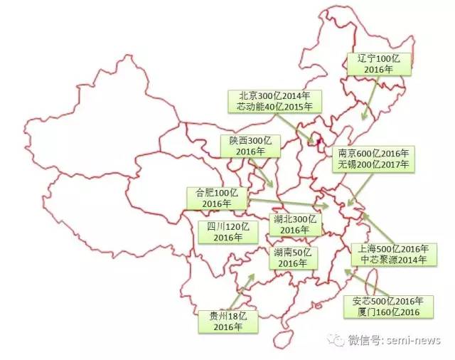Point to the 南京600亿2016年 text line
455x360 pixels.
[373, 153]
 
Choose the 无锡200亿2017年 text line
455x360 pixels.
[373, 164]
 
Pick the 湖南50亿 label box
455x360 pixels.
[292, 258]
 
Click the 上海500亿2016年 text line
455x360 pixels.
[393, 249]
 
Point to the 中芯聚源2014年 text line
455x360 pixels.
[393, 260]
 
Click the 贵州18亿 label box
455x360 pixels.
[227, 322]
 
